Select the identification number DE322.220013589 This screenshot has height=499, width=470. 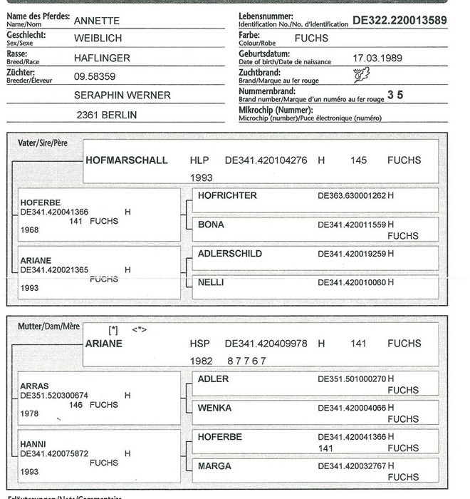pyautogui.click(x=399, y=21)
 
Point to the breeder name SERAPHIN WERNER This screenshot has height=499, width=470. pyautogui.click(x=122, y=95)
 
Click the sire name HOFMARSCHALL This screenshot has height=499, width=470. pyautogui.click(x=127, y=160)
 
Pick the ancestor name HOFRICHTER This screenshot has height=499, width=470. pyautogui.click(x=227, y=195)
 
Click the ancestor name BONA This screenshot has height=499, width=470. pyautogui.click(x=211, y=225)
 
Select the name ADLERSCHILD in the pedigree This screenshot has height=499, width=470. pyautogui.click(x=229, y=254)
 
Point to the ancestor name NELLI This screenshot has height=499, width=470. pyautogui.click(x=211, y=282)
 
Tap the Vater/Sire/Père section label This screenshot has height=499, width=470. pyautogui.click(x=43, y=143)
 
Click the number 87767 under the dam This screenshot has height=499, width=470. pyautogui.click(x=246, y=361)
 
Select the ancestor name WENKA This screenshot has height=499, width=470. pyautogui.click(x=214, y=408)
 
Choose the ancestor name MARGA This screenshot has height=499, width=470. pyautogui.click(x=214, y=466)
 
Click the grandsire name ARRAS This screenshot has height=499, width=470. pyautogui.click(x=34, y=386)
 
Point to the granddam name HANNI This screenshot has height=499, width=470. pyautogui.click(x=33, y=443)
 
